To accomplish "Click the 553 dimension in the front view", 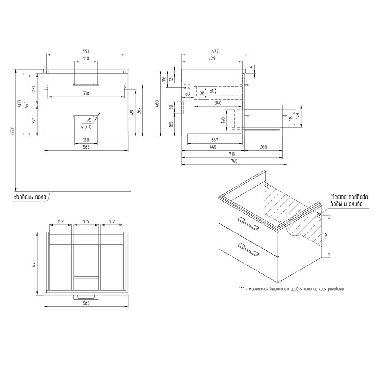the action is pyautogui.click(x=86, y=51).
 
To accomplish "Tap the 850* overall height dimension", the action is pyautogui.click(x=13, y=131).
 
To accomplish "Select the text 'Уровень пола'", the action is pyautogui.click(x=30, y=197).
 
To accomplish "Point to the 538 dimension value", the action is pyautogui.click(x=86, y=94).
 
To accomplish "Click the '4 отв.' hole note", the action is pyautogui.click(x=86, y=127).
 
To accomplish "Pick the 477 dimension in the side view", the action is pyautogui.click(x=215, y=51).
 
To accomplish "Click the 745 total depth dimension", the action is pyautogui.click(x=234, y=161).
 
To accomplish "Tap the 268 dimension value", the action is pyautogui.click(x=263, y=147).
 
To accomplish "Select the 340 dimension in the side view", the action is pyautogui.click(x=218, y=103).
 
